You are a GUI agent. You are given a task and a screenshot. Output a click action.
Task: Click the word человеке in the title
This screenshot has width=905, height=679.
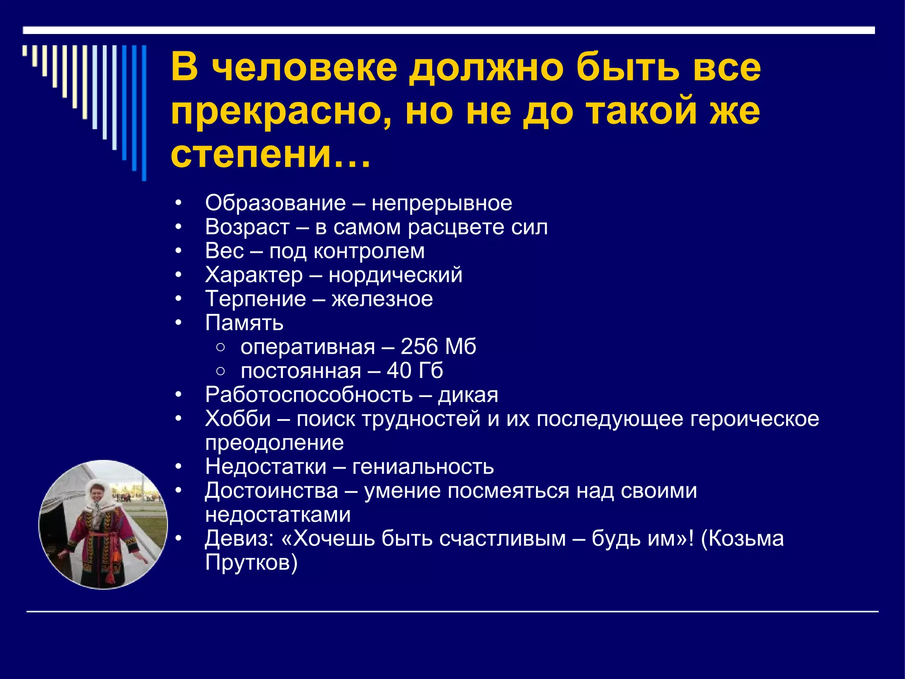(x=304, y=69)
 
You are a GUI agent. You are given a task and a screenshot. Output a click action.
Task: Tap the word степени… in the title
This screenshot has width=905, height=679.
(x=270, y=154)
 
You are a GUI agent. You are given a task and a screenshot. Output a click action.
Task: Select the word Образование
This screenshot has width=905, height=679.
(x=275, y=203)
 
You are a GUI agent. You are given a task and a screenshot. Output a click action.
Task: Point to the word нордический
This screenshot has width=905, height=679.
(x=395, y=275)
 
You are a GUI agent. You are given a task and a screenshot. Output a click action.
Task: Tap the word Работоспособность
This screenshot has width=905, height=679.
(x=308, y=395)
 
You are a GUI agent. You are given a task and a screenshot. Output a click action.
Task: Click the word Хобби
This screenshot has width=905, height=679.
(x=238, y=419)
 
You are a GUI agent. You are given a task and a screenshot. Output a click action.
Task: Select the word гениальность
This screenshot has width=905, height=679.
(x=423, y=467)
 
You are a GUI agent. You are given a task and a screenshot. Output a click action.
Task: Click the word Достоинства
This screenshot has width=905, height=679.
(x=271, y=491)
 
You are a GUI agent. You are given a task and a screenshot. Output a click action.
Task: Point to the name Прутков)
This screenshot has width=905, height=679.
(x=251, y=563)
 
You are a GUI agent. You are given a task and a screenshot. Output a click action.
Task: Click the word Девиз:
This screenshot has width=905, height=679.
(x=239, y=539)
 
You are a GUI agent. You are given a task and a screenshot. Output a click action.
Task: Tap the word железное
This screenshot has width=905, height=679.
(x=382, y=299)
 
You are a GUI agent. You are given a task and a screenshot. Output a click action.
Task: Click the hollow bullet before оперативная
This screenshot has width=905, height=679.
(x=221, y=347)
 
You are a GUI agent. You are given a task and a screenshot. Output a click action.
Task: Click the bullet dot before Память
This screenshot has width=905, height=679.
(x=178, y=323)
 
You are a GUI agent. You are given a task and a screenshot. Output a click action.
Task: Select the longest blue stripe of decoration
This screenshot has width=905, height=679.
(x=144, y=113)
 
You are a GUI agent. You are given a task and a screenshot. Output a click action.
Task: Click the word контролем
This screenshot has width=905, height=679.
(x=369, y=251)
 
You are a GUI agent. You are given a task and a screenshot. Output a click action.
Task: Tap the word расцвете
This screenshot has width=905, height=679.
(x=456, y=227)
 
